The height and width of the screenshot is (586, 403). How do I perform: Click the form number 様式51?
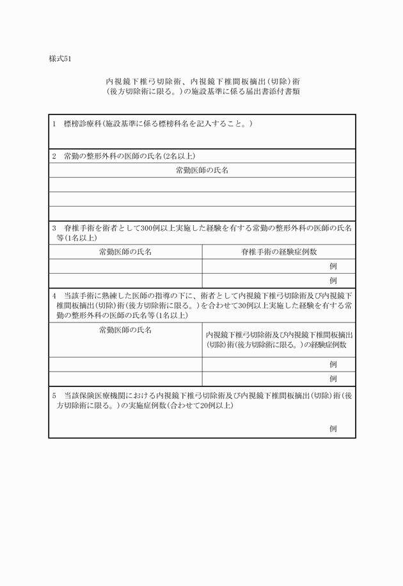60,59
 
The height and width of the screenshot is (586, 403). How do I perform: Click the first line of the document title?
203,82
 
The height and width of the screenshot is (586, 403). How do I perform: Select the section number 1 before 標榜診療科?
55,123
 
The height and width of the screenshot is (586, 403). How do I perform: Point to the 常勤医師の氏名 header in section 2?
202,170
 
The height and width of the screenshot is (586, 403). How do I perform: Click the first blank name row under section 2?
202,185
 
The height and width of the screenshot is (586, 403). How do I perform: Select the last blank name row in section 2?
202,214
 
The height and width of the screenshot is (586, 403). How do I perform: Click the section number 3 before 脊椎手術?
55,228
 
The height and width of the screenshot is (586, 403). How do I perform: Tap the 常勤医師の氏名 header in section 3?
125,252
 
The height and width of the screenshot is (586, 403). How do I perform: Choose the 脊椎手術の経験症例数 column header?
279,252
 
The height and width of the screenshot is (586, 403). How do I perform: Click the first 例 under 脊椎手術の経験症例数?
333,266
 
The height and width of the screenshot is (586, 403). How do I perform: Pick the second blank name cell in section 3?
125,280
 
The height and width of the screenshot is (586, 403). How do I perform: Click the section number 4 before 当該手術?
55,296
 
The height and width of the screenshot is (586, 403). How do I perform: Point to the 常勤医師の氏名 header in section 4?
125,330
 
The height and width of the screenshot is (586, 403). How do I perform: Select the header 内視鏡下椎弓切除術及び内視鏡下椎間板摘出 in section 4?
279,335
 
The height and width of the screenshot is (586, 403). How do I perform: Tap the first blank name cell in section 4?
125,364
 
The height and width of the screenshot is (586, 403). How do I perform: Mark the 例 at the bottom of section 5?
333,429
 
